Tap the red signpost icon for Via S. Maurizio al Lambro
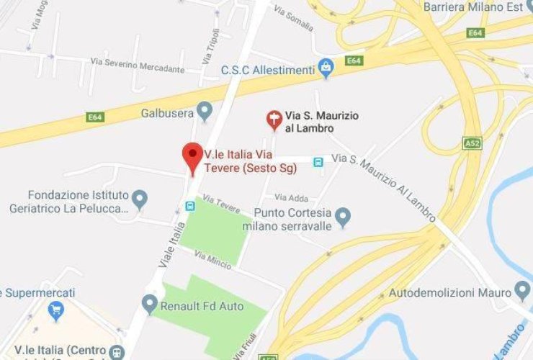274,120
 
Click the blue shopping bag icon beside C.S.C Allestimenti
327,68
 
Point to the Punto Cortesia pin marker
343,216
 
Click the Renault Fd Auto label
202,307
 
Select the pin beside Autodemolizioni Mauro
523,292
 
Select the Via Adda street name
290,197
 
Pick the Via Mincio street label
212,261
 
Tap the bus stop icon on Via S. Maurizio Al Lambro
318,162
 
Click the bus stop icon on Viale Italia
190,206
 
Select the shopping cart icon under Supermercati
55,312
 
